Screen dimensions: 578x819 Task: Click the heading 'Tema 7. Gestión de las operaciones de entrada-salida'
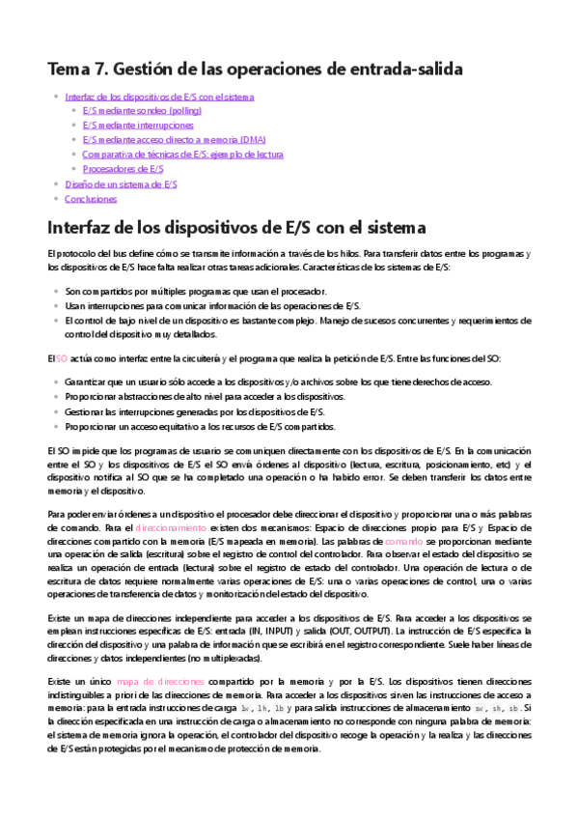click(256, 69)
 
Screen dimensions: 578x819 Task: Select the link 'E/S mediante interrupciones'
click(137, 125)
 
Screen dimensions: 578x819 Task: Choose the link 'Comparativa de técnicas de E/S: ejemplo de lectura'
click(182, 154)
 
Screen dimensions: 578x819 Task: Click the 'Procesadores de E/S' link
click(123, 168)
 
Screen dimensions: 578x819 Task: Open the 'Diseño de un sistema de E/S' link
click(121, 184)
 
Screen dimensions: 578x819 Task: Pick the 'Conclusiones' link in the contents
click(91, 198)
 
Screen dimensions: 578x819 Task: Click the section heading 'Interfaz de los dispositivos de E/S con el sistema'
click(236, 228)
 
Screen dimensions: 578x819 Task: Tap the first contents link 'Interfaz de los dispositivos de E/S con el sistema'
click(159, 97)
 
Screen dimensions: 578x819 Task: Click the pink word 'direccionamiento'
click(171, 528)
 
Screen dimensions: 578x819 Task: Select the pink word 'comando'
click(404, 543)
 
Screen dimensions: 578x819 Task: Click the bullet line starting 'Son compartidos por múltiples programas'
click(196, 291)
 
